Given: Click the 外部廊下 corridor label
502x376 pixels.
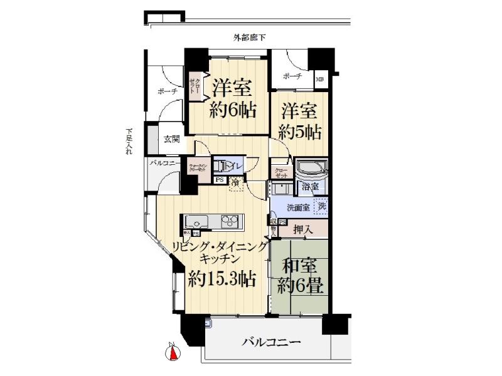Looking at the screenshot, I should (x=249, y=38).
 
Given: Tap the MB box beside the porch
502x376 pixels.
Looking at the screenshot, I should (x=320, y=79).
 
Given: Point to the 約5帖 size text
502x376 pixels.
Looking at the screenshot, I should (x=301, y=132).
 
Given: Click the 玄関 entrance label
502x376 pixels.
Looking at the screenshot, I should (x=171, y=139).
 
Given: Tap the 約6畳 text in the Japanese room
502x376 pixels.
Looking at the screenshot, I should (x=301, y=287).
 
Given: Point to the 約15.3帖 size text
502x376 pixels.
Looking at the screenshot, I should (x=222, y=279).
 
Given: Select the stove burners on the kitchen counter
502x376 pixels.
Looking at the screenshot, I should (x=232, y=221).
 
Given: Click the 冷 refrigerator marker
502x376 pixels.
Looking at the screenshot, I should (x=235, y=182).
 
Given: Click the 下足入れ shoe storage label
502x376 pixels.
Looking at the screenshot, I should (x=129, y=141).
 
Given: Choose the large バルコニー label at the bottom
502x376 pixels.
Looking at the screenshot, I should (x=272, y=343).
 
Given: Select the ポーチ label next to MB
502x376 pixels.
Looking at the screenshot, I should (x=292, y=76).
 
